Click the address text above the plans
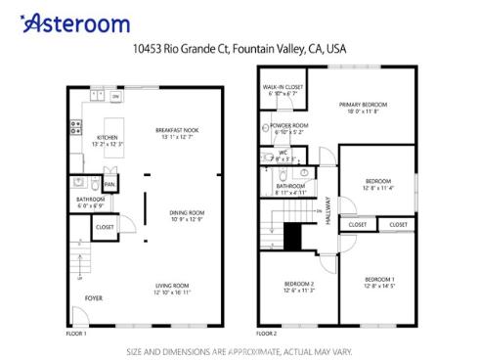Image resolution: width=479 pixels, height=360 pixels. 239,46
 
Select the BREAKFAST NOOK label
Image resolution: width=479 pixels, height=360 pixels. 177,134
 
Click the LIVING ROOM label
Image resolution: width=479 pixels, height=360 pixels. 171,288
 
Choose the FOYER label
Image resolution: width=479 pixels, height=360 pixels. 94,297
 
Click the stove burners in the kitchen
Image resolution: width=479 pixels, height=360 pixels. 73,126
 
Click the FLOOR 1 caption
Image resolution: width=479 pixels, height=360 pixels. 76,333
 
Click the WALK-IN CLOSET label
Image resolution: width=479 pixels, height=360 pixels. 283,90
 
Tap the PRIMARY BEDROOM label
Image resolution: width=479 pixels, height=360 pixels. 363,108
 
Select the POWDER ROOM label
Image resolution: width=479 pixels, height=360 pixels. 289,128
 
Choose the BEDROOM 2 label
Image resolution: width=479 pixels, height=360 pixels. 298,286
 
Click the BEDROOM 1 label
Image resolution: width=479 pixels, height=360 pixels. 380,284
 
